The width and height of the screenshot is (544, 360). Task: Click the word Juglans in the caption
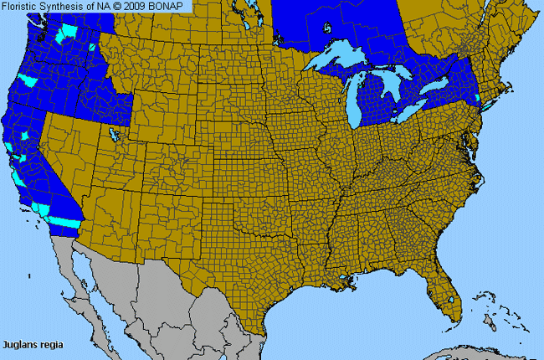tap(18, 344)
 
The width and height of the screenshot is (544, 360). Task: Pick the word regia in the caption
tap(49, 344)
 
